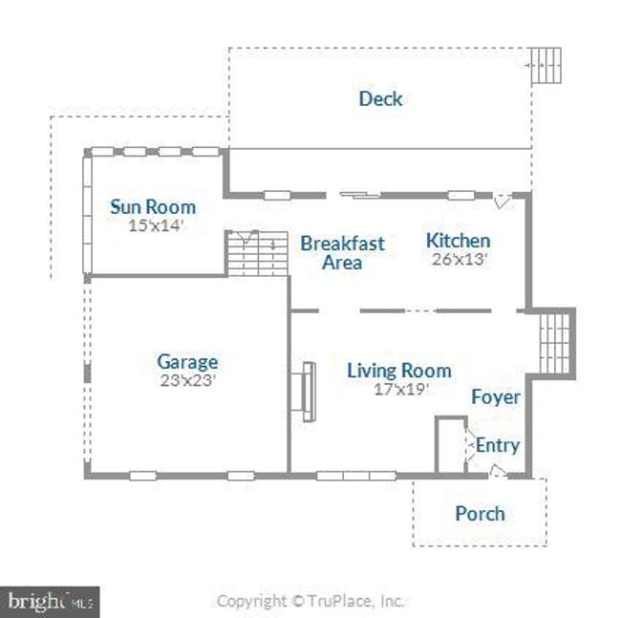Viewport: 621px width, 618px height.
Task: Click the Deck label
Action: pyautogui.click(x=380, y=98)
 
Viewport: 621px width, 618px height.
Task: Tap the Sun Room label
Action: pyautogui.click(x=153, y=206)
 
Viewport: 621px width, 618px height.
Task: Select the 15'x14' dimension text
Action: pyautogui.click(x=156, y=225)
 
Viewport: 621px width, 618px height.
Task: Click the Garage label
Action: pyautogui.click(x=187, y=362)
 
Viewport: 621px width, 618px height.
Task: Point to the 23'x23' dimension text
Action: pyautogui.click(x=187, y=380)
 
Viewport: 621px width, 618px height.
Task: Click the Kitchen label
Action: pyautogui.click(x=459, y=241)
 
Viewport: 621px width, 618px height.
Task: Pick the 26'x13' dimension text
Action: pyautogui.click(x=459, y=259)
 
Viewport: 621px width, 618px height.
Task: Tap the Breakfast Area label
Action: pyautogui.click(x=343, y=253)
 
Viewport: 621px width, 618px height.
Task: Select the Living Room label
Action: pyautogui.click(x=399, y=371)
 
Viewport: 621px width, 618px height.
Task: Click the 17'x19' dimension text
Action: pyautogui.click(x=401, y=389)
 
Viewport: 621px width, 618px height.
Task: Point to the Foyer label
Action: pyautogui.click(x=496, y=397)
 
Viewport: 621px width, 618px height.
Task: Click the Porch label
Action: pyautogui.click(x=480, y=514)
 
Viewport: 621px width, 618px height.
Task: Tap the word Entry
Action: pyautogui.click(x=498, y=446)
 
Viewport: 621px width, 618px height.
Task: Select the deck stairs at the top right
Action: pyautogui.click(x=546, y=65)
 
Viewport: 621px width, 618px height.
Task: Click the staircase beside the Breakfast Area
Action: pyautogui.click(x=257, y=253)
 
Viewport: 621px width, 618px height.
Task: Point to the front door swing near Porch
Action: pyautogui.click(x=498, y=471)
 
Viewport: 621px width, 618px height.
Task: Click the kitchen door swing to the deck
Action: pyautogui.click(x=503, y=201)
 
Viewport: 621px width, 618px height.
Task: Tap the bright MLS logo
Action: pyautogui.click(x=50, y=602)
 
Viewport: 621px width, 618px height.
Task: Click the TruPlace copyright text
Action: pyautogui.click(x=310, y=601)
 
